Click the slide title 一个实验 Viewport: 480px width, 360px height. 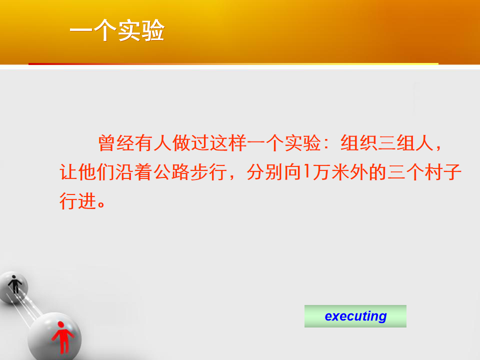(x=117, y=30)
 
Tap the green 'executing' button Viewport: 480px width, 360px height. (x=355, y=316)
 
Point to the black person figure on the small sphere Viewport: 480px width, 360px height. (x=14, y=284)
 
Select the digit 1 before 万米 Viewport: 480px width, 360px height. (x=307, y=171)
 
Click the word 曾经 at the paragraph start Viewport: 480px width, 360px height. (x=116, y=143)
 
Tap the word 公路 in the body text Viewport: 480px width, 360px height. (x=171, y=171)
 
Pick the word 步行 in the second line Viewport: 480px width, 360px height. (x=209, y=171)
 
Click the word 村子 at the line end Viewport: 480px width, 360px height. (x=443, y=171)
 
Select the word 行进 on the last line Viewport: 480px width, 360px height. (x=78, y=201)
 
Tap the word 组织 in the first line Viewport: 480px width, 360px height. (x=359, y=143)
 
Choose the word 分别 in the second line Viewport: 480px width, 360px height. (x=265, y=171)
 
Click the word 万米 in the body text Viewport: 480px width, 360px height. (x=331, y=171)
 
